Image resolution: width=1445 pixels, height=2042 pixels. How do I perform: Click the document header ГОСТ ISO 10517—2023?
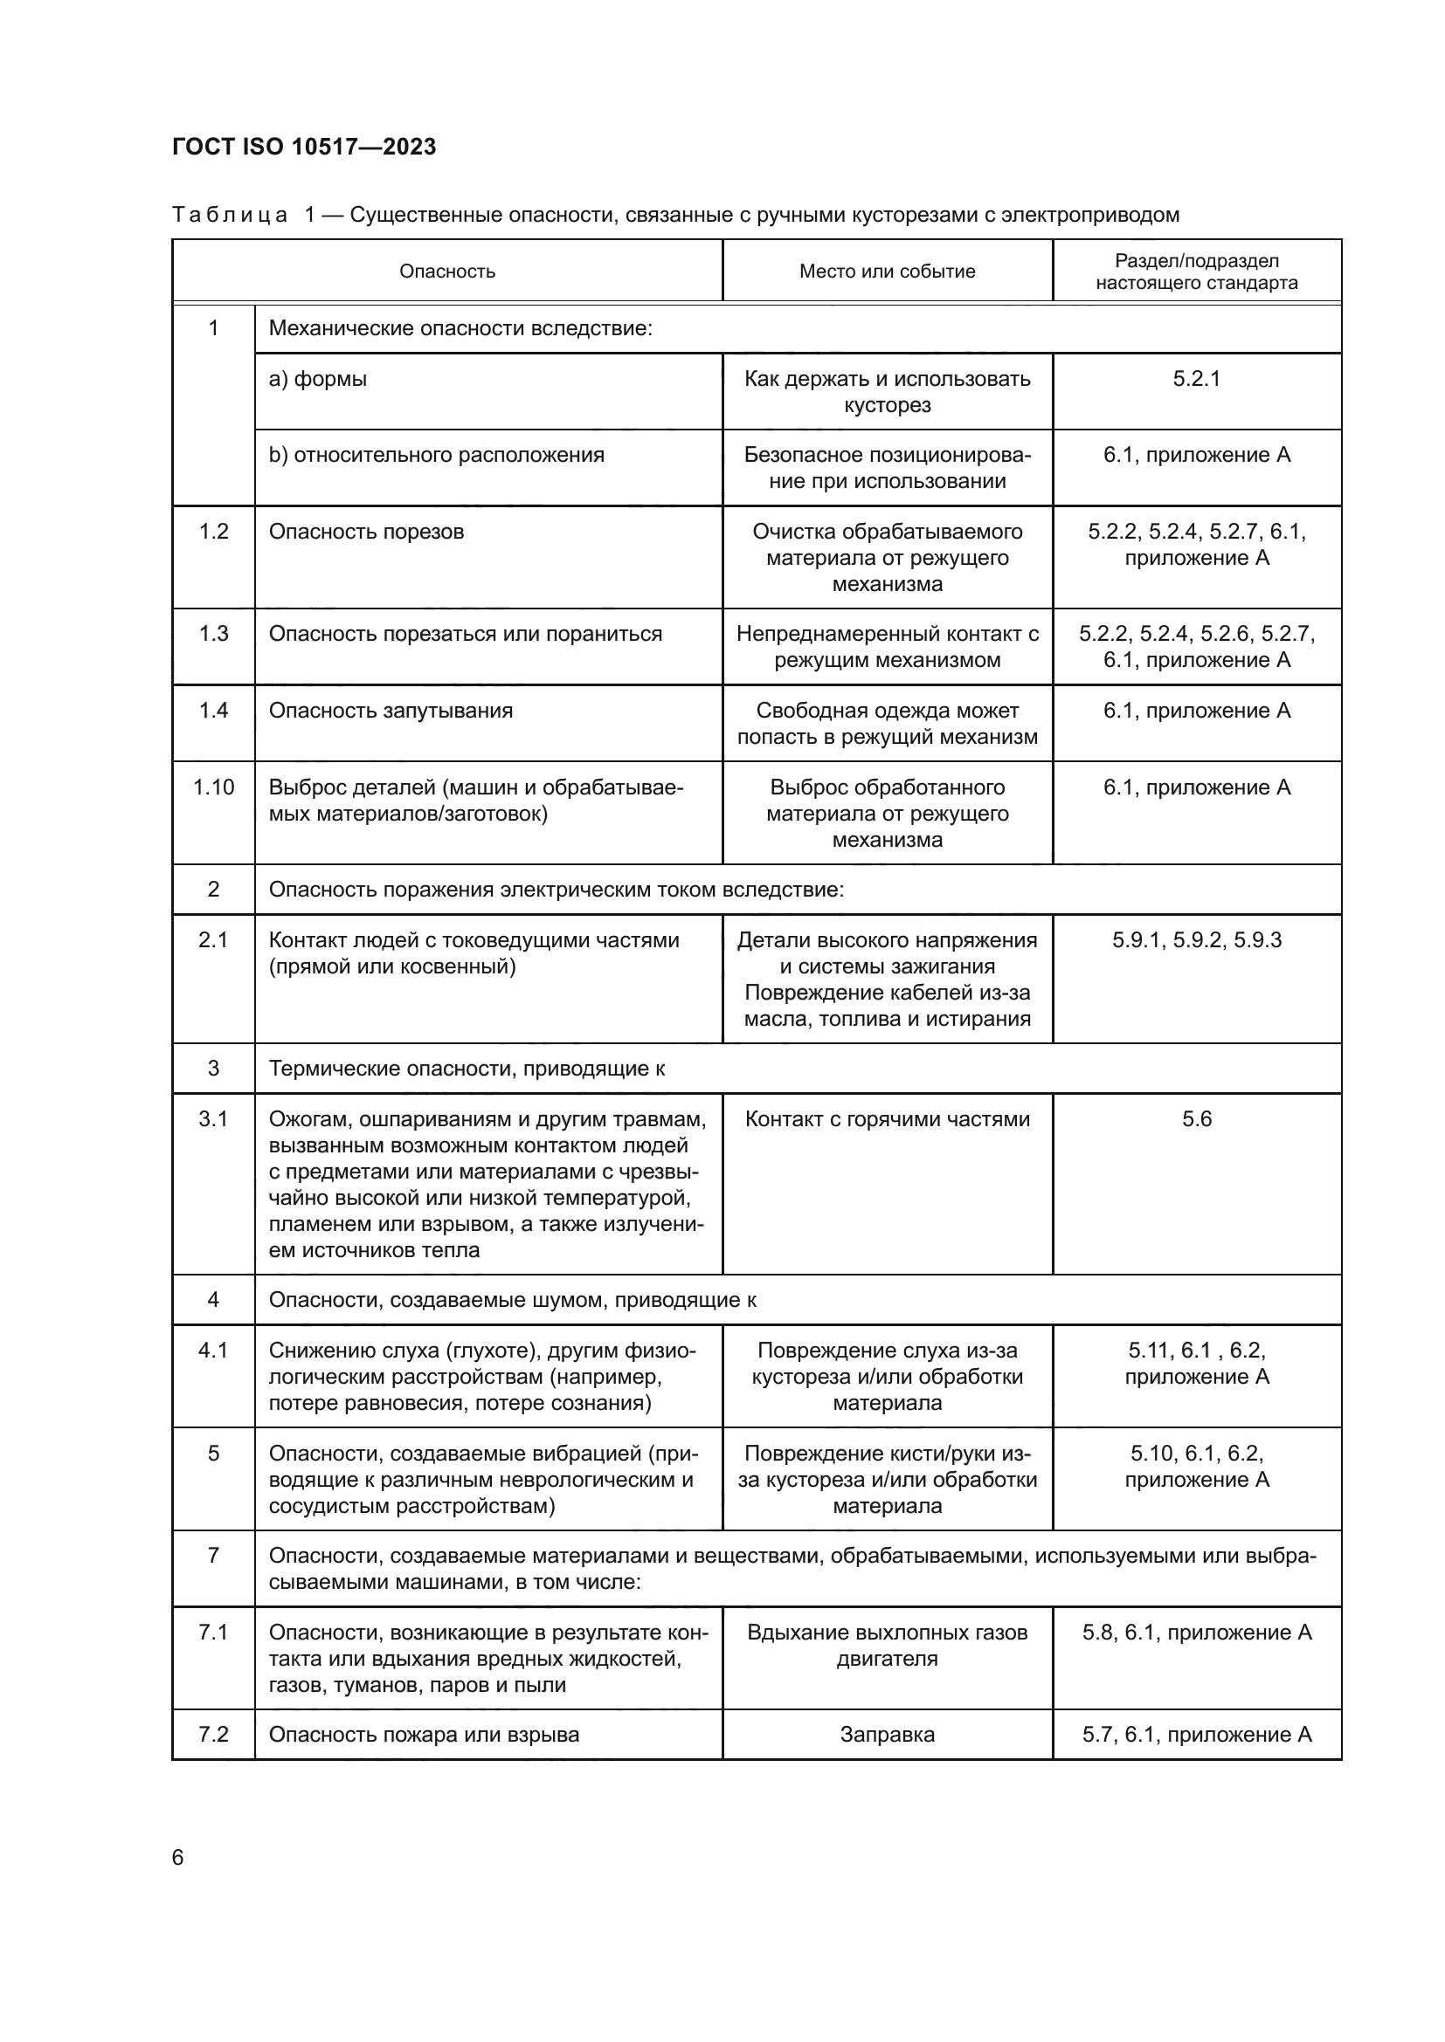(x=303, y=147)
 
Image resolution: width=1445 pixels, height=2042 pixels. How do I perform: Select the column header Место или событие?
(x=886, y=272)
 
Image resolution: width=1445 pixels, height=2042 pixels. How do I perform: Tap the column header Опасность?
(x=446, y=272)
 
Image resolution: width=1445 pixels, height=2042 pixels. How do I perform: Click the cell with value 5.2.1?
(x=1196, y=379)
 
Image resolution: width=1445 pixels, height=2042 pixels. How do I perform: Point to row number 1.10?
(x=213, y=787)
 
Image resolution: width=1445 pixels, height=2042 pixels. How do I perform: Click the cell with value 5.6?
(x=1196, y=1119)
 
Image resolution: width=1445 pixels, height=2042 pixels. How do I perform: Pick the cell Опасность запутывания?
(x=391, y=711)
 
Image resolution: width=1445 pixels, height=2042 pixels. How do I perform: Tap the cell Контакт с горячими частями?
(x=886, y=1119)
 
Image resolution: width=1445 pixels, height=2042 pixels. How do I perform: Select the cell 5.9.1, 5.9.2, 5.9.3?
(x=1196, y=940)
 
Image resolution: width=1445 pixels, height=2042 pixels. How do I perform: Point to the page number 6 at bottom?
(x=178, y=1858)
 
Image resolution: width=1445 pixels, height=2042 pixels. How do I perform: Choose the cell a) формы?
(x=318, y=379)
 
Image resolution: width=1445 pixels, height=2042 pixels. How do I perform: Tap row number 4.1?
(x=213, y=1350)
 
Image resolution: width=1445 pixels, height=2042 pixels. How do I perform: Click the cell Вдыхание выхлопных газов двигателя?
(x=886, y=1646)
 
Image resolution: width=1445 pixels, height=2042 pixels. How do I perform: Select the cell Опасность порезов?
(x=366, y=532)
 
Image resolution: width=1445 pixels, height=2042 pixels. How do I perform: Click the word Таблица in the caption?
(x=229, y=216)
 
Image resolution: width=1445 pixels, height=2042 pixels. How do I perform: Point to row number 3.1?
(x=213, y=1119)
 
